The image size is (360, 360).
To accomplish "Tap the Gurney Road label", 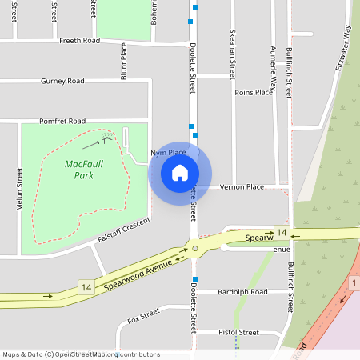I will click(x=62, y=81).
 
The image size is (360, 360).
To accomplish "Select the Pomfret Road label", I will click(x=62, y=121).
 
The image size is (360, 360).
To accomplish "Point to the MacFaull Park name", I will click(x=79, y=169).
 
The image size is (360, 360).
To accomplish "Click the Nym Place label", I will click(x=167, y=153).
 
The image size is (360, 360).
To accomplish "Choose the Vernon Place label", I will click(x=244, y=186).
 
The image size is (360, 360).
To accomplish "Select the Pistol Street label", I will click(x=238, y=332).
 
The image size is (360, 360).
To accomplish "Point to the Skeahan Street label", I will click(x=233, y=51).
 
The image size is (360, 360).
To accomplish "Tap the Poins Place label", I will click(x=254, y=93).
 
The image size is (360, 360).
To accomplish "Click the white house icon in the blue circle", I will click(x=180, y=172).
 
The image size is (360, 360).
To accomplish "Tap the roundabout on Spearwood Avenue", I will click(x=194, y=249).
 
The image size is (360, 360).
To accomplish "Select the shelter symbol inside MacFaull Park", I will click(x=106, y=140).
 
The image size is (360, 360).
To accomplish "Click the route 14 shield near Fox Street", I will click(x=86, y=286).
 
